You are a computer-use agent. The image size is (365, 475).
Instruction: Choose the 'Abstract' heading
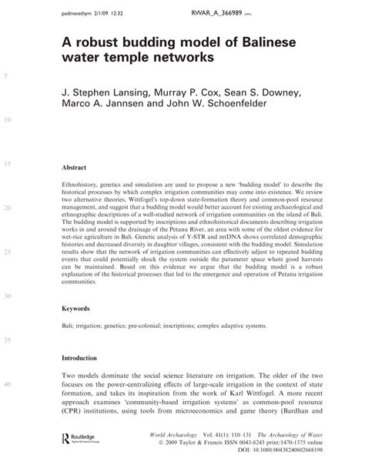coord(76,166)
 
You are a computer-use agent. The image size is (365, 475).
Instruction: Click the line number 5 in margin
coord(6,76)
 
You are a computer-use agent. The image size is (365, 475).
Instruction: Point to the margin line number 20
coord(8,209)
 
